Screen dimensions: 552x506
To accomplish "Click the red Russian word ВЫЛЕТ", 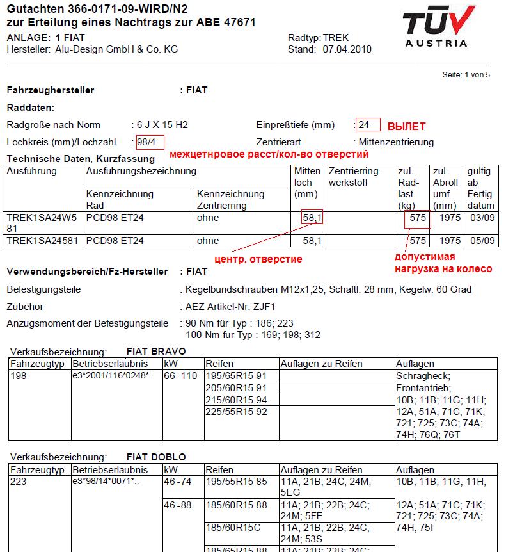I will tap(406, 126).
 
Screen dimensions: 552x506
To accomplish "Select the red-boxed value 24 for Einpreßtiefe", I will tap(368, 124).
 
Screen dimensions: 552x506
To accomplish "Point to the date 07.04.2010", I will tap(347, 49).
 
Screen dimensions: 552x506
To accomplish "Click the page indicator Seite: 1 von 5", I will tap(466, 74).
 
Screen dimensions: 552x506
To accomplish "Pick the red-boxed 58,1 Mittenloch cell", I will tap(313, 218).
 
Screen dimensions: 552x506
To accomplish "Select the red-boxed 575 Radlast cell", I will tap(418, 218).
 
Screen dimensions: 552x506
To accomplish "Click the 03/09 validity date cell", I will tap(480, 218).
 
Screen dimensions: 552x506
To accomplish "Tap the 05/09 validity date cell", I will tap(480, 241).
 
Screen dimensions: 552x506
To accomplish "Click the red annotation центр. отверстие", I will tap(258, 259).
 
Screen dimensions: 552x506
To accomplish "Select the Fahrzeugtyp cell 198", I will tap(19, 375).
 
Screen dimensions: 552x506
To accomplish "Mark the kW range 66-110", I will tap(181, 375).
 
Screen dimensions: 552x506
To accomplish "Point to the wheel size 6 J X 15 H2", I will tap(162, 124).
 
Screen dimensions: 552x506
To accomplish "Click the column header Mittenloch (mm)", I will tap(308, 183).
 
